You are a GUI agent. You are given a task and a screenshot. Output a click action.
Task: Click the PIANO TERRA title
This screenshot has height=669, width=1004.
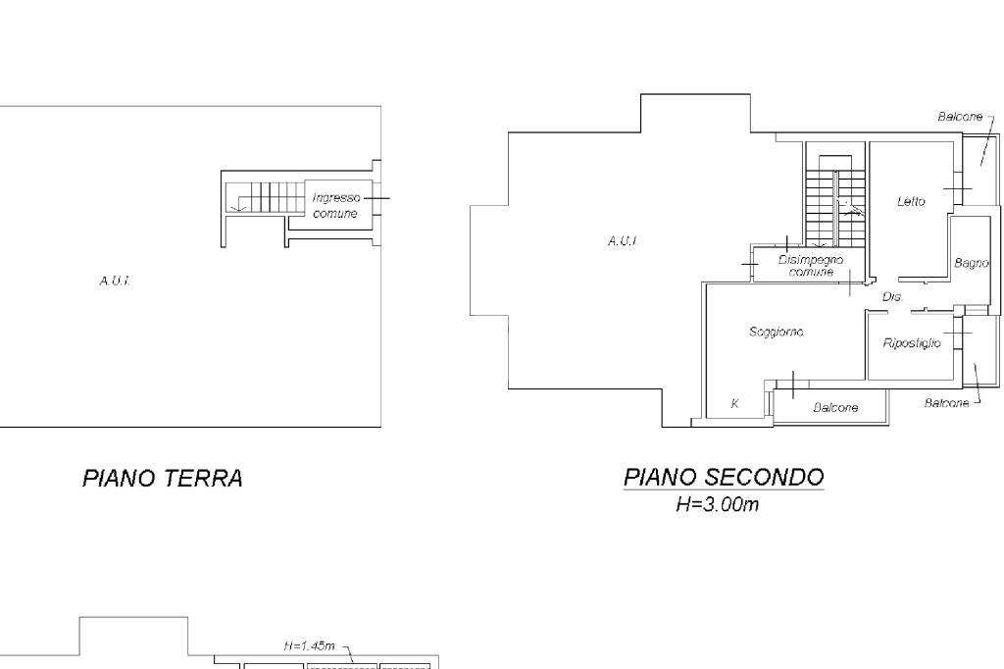(163, 479)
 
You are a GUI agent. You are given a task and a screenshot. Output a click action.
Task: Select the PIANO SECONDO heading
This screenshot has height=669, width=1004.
(724, 478)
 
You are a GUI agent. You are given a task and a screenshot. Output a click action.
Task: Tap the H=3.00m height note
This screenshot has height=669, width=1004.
(717, 504)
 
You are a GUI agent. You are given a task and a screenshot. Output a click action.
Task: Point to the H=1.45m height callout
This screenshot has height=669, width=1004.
(309, 645)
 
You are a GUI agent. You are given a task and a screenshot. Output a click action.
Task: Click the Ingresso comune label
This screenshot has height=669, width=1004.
(335, 206)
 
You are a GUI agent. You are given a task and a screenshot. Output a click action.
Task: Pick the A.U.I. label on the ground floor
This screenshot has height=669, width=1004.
(116, 281)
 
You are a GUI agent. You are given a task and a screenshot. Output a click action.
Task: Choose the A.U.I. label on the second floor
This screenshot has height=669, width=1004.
(623, 241)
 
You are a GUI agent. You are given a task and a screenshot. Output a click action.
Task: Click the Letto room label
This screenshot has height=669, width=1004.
(911, 201)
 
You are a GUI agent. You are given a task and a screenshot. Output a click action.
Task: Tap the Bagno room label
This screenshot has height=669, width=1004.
(972, 263)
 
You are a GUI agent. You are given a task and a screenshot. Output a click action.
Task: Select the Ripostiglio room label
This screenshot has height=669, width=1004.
(912, 342)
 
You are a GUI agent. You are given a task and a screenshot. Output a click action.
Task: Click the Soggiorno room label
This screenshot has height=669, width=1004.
(777, 332)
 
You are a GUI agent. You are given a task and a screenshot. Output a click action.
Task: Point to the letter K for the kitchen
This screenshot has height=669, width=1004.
(735, 403)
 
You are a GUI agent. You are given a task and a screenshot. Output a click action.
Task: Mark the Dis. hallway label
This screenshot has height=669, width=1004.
(892, 296)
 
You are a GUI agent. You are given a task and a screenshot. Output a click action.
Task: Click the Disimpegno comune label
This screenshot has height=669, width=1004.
(811, 265)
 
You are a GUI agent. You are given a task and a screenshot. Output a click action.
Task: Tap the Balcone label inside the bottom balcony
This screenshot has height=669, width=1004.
(835, 407)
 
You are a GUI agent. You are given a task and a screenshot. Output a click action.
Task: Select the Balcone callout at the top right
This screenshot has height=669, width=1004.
(960, 117)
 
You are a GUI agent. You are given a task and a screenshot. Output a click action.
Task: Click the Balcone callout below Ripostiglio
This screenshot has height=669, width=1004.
(946, 403)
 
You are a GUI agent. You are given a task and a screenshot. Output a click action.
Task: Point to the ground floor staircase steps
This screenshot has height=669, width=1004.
(265, 197)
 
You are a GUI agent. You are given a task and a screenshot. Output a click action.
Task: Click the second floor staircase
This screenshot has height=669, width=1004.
(835, 199)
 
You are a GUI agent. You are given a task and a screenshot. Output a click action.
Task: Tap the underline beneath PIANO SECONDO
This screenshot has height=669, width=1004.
(724, 490)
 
